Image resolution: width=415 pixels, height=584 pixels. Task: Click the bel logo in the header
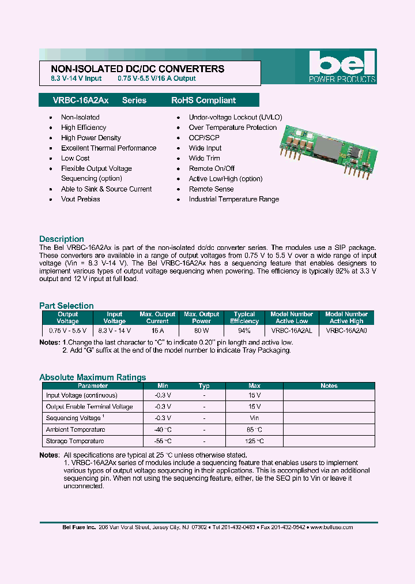pos(342,66)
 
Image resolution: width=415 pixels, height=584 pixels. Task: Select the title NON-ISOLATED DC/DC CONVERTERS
pos(134,69)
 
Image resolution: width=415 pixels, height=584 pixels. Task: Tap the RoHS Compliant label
pos(203,100)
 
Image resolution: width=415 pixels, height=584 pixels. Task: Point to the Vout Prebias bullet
pos(80,199)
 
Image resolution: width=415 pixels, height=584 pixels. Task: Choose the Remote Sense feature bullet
pos(211,189)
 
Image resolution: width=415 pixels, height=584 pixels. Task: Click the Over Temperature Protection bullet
pos(232,128)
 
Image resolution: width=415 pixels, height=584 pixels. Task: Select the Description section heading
pos(61,239)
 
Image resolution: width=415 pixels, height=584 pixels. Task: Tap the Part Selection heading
pos(66,306)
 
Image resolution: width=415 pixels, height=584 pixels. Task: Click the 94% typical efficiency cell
pos(244,331)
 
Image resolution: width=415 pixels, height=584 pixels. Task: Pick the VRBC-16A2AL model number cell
pos(292,331)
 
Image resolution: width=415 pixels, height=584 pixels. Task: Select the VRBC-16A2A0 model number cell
pos(346,331)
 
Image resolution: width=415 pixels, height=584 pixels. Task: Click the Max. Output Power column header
pos(201,318)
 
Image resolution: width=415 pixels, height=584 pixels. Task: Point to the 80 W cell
pos(201,331)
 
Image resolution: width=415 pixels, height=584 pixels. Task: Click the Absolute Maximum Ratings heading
pos(92,377)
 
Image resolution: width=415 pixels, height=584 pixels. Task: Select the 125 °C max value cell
pos(254,441)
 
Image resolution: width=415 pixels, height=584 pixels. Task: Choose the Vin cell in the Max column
pos(254,418)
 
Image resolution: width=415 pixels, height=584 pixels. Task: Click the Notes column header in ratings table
pos(329,386)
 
